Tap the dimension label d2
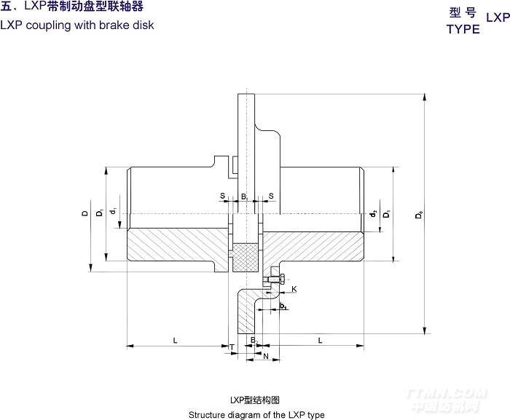point(372,213)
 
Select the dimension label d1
point(113,212)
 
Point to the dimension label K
point(294,289)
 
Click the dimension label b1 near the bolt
point(283,306)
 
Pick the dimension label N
point(265,356)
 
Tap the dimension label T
point(232,347)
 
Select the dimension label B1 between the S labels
point(245,197)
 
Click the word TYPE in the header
point(463,29)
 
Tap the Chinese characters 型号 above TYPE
point(463,12)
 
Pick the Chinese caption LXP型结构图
point(255,400)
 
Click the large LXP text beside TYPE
point(498,17)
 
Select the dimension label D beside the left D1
point(85,213)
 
